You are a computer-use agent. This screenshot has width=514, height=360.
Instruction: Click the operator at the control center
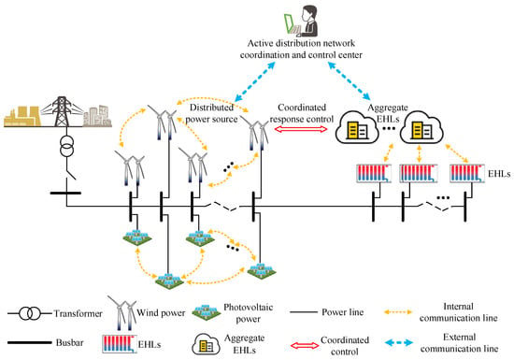[309, 21]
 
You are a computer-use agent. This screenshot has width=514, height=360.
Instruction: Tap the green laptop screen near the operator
[290, 23]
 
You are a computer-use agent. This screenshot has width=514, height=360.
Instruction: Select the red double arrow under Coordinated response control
[301, 129]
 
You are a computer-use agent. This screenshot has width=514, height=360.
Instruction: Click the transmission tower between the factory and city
[62, 111]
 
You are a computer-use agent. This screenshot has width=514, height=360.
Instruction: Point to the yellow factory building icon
[22, 116]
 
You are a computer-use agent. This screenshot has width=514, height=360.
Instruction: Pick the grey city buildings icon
[97, 116]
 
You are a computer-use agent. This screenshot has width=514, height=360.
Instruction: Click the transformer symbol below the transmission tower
[66, 147]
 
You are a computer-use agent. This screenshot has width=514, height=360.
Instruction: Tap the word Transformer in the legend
[78, 313]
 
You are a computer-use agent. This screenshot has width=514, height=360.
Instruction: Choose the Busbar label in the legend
[69, 342]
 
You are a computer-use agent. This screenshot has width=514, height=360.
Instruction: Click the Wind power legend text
[161, 312]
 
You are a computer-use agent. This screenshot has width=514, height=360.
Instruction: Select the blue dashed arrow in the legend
[399, 343]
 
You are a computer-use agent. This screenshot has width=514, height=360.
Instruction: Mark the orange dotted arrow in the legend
[398, 312]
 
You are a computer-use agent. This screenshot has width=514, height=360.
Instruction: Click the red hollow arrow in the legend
[305, 346]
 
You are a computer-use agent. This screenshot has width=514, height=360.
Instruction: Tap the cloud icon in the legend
[206, 344]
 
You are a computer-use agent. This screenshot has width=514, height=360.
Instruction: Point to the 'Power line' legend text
[343, 311]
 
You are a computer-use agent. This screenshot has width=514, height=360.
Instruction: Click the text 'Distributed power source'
[211, 113]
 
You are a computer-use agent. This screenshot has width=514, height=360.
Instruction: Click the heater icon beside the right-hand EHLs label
[466, 173]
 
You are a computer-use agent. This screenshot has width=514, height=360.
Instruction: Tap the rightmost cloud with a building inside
[421, 127]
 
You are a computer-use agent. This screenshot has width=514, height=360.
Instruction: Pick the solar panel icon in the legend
[206, 312]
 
